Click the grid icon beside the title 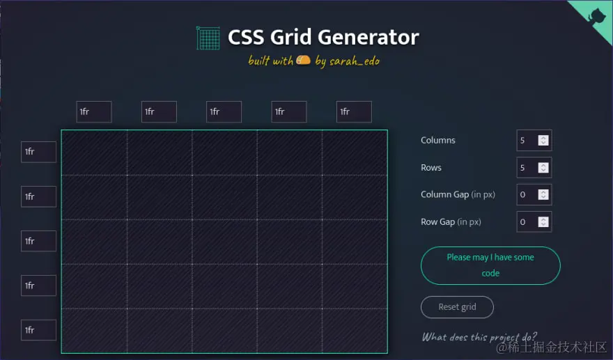(x=208, y=38)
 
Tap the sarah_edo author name (x=355, y=61)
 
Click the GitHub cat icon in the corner (x=597, y=15)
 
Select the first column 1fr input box (x=94, y=111)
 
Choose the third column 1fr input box (x=224, y=111)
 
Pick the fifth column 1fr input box (x=354, y=111)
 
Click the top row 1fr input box (x=38, y=152)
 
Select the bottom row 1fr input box (x=38, y=330)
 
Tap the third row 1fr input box (x=38, y=241)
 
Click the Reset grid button (x=457, y=307)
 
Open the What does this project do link (x=479, y=337)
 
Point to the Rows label (x=431, y=168)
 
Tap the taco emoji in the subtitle (x=303, y=61)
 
